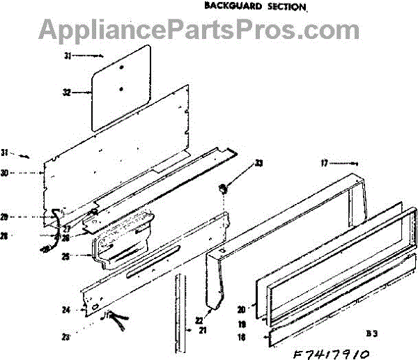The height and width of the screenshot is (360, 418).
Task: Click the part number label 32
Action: [x=67, y=92]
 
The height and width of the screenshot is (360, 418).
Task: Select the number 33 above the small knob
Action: [x=239, y=164]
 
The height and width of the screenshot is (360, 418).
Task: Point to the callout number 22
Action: [x=199, y=320]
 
